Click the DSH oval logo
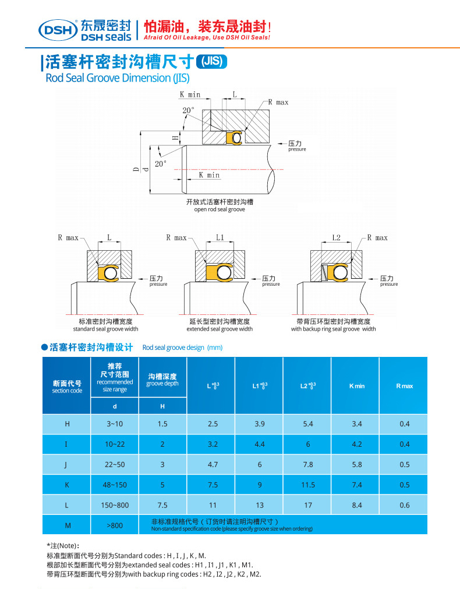tap(58, 29)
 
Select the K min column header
tap(357, 386)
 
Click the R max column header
tap(405, 386)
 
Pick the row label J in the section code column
tap(66, 464)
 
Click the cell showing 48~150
tap(115, 485)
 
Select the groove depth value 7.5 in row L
tap(162, 505)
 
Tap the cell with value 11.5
tap(308, 485)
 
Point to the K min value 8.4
tap(357, 505)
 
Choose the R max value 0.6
tap(405, 505)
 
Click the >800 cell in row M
tap(115, 525)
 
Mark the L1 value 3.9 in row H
tap(260, 424)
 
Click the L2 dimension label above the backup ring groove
tap(336, 238)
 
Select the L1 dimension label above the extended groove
tap(220, 238)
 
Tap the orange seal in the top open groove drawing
tap(233, 138)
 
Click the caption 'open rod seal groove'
tap(220, 209)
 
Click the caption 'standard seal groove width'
tap(105, 329)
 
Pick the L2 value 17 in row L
tap(308, 505)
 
